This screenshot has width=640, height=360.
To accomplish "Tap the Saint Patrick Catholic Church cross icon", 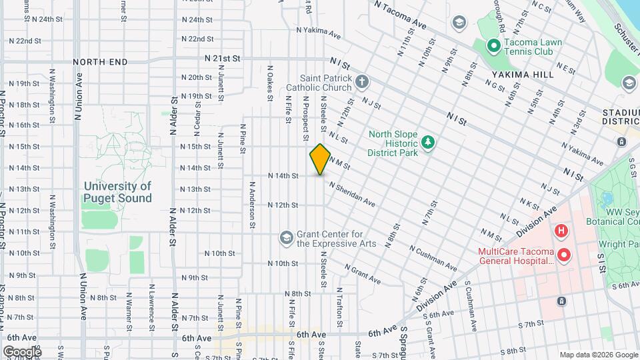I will point(362,82).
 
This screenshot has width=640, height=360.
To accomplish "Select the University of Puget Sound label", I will point(117,192).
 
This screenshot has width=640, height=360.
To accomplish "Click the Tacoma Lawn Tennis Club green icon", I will point(493,47).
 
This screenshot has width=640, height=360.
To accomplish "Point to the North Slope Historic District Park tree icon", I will point(427,143).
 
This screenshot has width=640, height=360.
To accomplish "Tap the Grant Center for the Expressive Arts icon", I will point(286,238).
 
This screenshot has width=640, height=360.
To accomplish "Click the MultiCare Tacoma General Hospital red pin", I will point(564,255).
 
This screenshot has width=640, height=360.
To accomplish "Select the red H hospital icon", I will point(561,231).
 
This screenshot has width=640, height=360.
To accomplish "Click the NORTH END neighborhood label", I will point(100,62).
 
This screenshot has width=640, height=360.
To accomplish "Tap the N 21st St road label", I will point(223,59).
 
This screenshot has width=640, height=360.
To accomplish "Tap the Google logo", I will point(21,351).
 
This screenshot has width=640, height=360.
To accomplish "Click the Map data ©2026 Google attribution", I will point(598,355).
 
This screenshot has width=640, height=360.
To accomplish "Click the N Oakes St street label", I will point(271,83).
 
